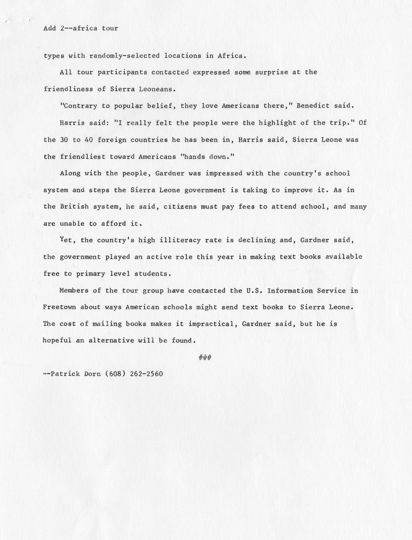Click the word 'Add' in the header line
click(x=50, y=29)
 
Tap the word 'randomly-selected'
click(x=124, y=56)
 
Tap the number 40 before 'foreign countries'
click(x=89, y=139)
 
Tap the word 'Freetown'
click(x=59, y=307)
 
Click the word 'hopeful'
click(x=57, y=341)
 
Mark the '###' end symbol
click(x=205, y=358)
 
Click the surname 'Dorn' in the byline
click(x=93, y=374)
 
